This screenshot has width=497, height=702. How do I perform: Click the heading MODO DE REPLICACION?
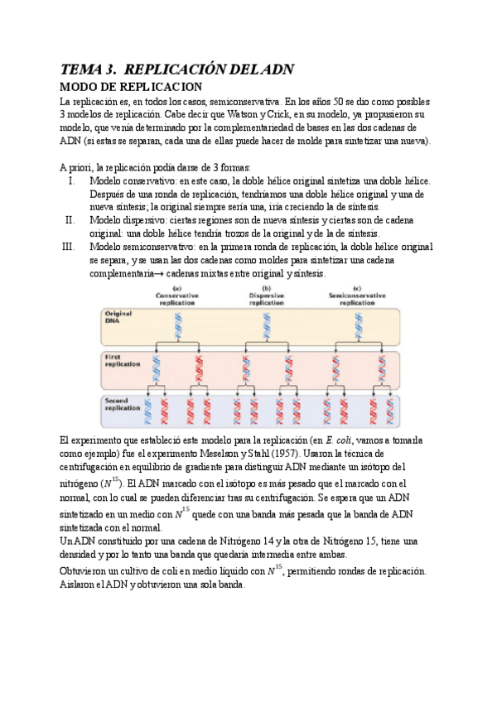[x=132, y=87]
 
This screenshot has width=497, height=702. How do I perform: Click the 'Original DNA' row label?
[x=118, y=318]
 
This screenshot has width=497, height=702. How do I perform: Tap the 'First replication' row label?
[x=123, y=361]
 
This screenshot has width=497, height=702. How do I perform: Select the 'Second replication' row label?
[x=123, y=404]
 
